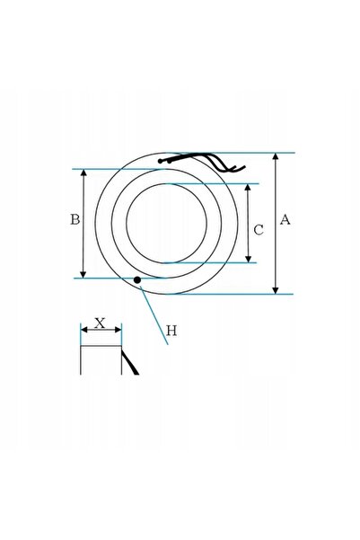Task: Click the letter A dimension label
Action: (x=285, y=219)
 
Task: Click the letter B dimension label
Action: (x=75, y=219)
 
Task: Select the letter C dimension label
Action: (x=259, y=230)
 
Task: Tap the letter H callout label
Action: (x=171, y=331)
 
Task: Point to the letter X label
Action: (x=100, y=323)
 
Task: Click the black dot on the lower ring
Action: (x=137, y=280)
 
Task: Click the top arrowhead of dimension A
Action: (x=276, y=156)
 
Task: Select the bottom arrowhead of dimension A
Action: (x=276, y=290)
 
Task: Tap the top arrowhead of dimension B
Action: (x=83, y=173)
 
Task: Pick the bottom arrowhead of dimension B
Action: (x=83, y=274)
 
